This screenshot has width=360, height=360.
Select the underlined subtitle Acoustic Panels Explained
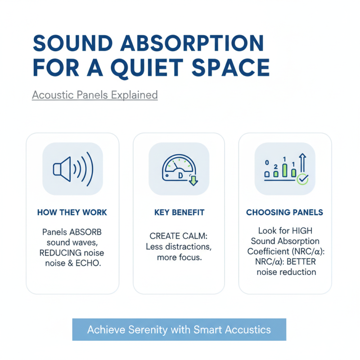click(x=94, y=95)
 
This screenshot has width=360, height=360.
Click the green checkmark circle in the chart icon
click(x=303, y=179)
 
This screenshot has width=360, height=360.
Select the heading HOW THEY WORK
click(x=72, y=212)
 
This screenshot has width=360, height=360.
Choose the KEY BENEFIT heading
click(x=179, y=212)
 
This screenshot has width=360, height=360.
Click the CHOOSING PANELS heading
click(x=284, y=212)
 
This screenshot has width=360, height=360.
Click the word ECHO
click(x=89, y=263)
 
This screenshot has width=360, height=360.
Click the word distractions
click(x=189, y=247)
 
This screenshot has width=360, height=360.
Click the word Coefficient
click(x=270, y=252)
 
